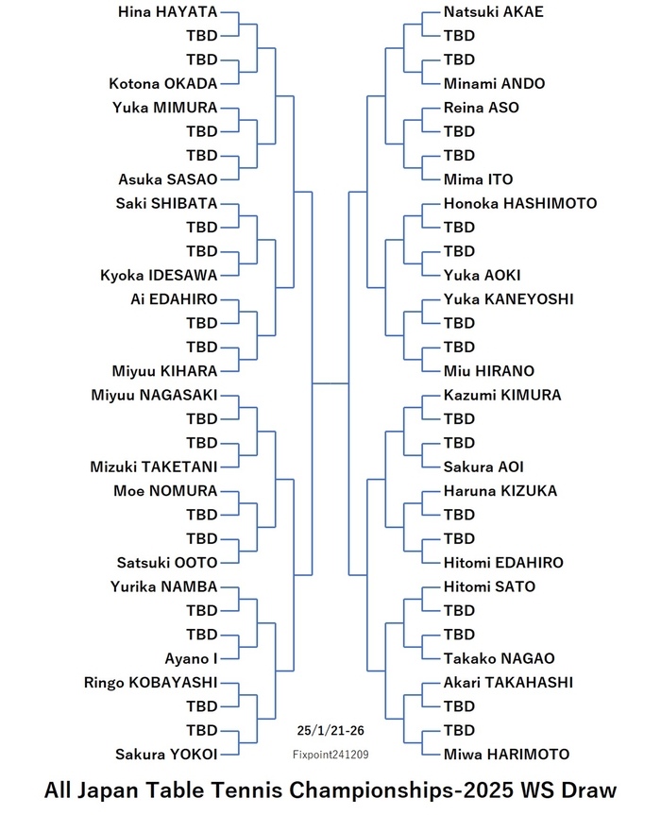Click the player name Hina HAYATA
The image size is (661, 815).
(167, 12)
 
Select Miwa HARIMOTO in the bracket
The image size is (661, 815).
(506, 755)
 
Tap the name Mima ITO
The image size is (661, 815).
(478, 179)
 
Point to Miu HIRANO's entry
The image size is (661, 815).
(489, 371)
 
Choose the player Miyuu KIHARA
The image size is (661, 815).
(164, 371)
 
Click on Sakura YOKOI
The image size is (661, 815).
(166, 755)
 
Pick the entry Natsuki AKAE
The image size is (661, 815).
(494, 12)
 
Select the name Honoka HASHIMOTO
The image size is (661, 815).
(520, 203)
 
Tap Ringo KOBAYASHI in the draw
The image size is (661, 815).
(151, 683)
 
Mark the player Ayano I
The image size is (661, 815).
(191, 659)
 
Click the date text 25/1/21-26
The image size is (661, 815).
(330, 731)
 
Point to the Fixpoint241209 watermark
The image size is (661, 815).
(330, 755)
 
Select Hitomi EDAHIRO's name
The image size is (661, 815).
(503, 563)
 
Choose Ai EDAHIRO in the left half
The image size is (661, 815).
(174, 299)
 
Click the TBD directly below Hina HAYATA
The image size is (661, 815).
(202, 36)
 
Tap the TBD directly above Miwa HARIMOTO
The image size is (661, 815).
(459, 730)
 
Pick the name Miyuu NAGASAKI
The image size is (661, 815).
(154, 395)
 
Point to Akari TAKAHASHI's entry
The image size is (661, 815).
(508, 683)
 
